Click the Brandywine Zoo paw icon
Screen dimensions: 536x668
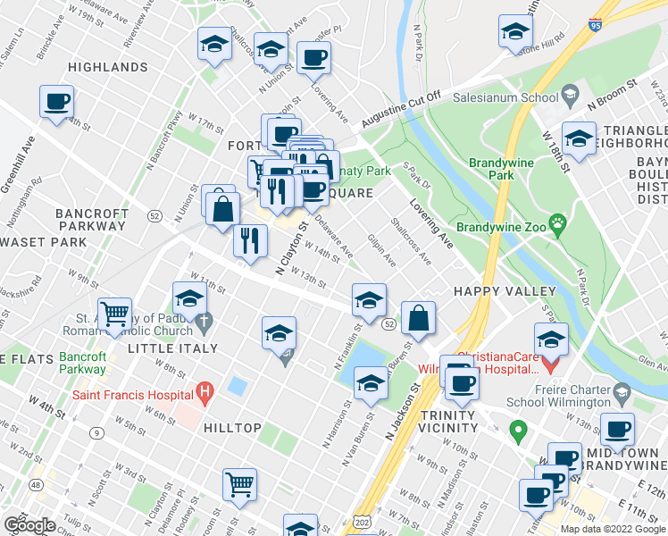(559, 222)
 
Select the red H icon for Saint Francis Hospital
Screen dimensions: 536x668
(205, 392)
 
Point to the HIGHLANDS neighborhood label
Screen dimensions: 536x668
(107, 67)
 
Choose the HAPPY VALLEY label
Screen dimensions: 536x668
(505, 291)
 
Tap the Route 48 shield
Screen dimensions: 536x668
(35, 484)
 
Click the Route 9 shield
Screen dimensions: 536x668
(94, 433)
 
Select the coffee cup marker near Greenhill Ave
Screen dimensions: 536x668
(57, 102)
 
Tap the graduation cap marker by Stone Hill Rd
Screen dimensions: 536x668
(514, 33)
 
